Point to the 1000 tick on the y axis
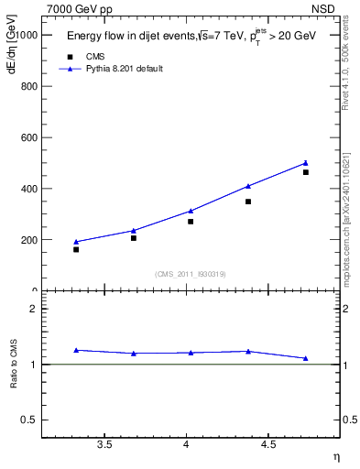25,35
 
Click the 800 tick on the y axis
27,86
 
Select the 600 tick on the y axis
27,137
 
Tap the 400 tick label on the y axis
27,189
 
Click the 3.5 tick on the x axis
104,444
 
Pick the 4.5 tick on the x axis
267,444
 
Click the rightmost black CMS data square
306,172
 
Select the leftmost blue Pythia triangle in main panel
76,242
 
